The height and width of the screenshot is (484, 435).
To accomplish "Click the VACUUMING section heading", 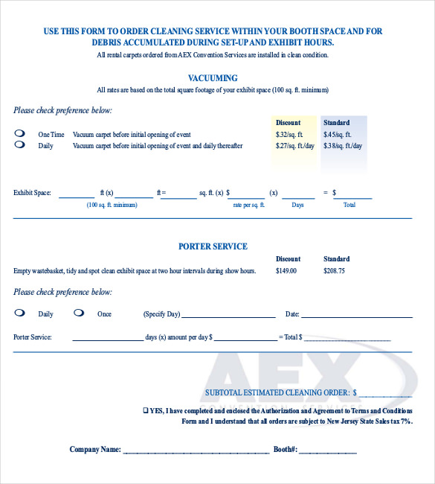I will click(213, 78).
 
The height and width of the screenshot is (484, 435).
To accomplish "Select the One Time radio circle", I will click(19, 134).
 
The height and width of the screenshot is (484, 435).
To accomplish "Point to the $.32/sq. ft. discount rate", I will click(289, 135).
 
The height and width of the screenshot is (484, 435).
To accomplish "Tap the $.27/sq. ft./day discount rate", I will click(295, 146).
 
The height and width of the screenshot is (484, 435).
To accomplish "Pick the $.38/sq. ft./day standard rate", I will click(344, 146).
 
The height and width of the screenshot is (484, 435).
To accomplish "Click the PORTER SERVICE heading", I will click(213, 246).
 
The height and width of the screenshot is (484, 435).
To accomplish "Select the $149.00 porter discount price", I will click(286, 271).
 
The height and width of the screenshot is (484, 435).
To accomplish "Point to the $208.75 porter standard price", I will click(334, 271).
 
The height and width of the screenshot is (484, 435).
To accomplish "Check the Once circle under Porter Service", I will click(79, 313).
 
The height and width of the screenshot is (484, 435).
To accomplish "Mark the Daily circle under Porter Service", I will click(19, 313).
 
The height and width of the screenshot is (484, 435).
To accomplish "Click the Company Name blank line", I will click(196, 452).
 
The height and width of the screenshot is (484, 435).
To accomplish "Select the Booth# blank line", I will click(328, 452).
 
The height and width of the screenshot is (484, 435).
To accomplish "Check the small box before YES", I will click(146, 410).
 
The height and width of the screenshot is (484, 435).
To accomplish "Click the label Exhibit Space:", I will click(32, 193).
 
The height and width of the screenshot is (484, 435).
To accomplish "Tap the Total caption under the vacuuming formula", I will click(349, 204).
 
